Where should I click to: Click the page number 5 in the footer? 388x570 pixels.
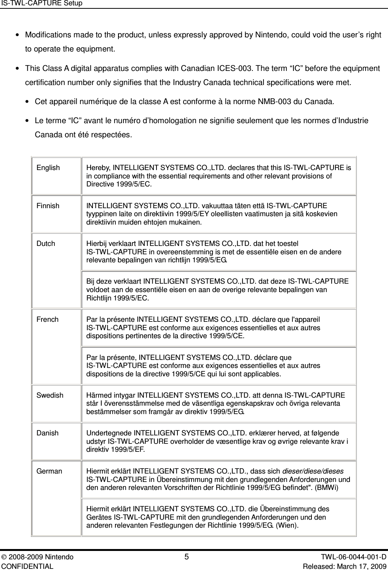click(186, 557)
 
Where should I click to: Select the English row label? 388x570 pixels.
click(48, 168)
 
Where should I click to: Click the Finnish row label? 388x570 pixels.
click(48, 206)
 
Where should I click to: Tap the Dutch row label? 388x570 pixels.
click(46, 243)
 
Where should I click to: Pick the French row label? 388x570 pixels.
click(48, 319)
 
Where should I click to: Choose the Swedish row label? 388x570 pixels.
click(50, 395)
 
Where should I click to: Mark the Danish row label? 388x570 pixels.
click(48, 433)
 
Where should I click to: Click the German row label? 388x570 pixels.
click(49, 471)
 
